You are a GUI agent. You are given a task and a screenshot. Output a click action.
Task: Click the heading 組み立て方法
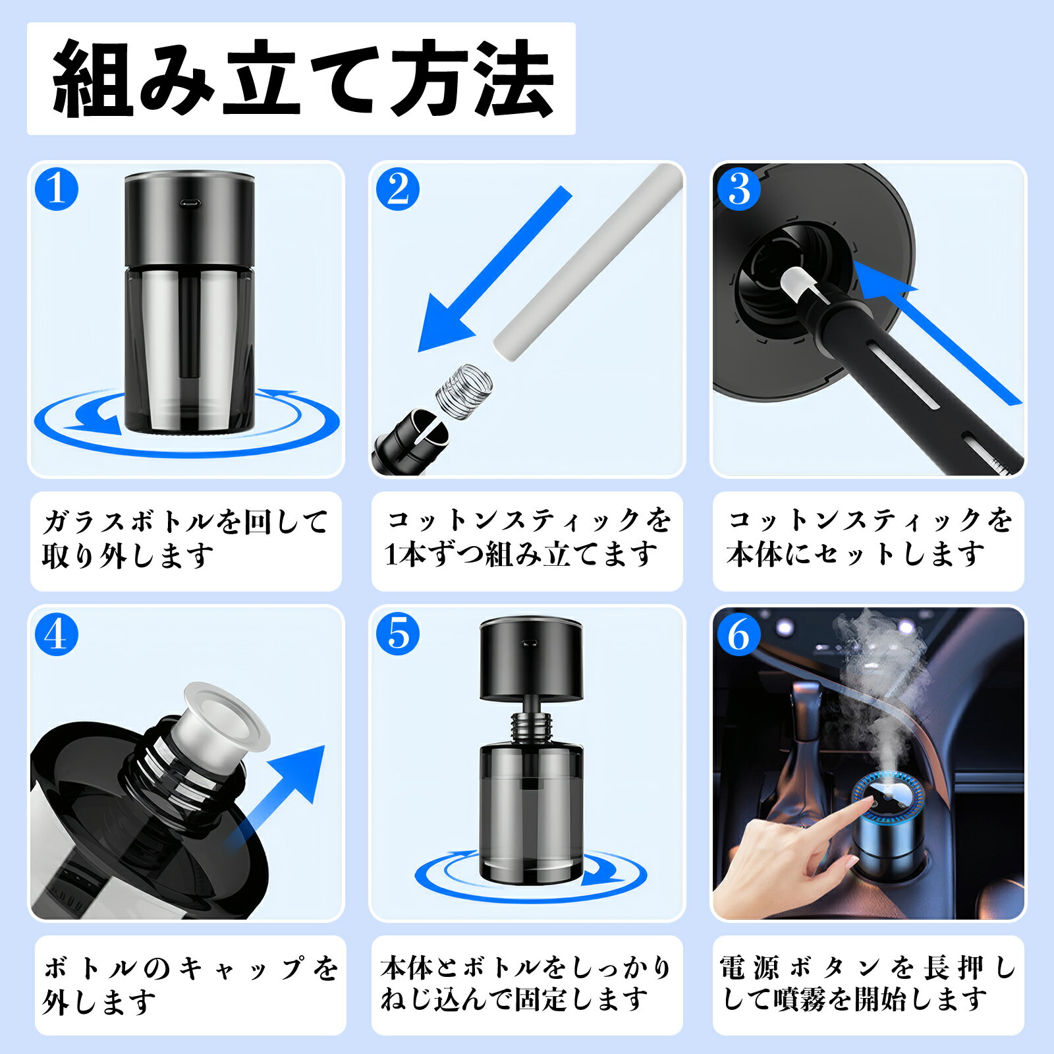pos(302,78)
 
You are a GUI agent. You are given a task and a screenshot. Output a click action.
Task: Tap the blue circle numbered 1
pos(57,189)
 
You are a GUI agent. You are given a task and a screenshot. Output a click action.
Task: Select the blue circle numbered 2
pos(398,189)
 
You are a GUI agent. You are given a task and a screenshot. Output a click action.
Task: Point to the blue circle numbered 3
pos(739,189)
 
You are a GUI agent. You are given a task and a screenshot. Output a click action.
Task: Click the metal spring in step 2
pos(464,389)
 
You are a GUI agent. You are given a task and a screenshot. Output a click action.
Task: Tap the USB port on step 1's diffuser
pos(190,203)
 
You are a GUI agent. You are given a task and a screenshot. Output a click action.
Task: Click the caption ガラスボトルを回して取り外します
pos(185,540)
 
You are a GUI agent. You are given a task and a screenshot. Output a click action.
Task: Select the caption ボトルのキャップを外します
pos(190,985)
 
